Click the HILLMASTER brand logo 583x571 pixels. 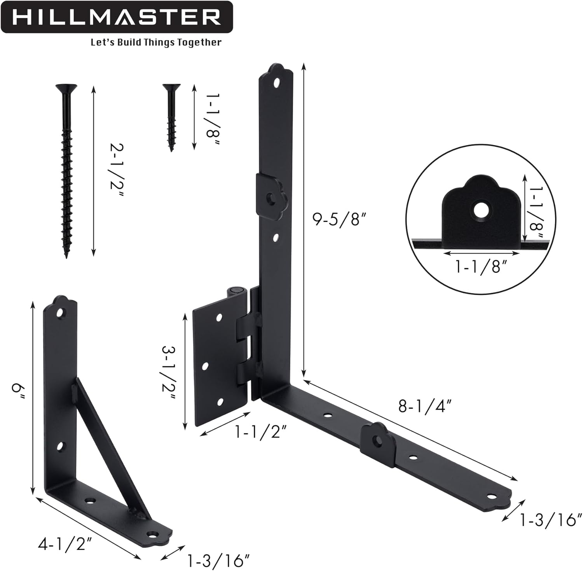(117, 17)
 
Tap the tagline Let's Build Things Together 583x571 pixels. (156, 42)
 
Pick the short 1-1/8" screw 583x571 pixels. (171, 117)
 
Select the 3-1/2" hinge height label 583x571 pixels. (169, 373)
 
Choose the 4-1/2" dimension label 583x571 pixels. (66, 544)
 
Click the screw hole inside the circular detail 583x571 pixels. (481, 210)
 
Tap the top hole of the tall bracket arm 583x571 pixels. (277, 82)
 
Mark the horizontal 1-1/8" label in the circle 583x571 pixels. (482, 266)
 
